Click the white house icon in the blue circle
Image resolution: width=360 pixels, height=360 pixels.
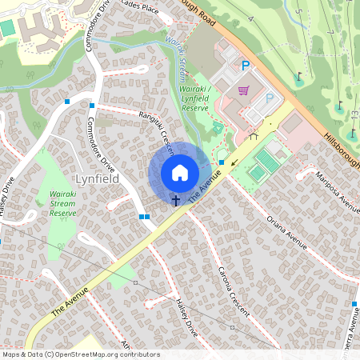(x=180, y=173)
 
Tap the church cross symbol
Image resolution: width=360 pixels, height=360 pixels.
(x=174, y=200)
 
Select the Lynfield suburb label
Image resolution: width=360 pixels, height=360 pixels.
(x=97, y=179)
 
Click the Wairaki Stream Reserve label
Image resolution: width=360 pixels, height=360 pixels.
(x=62, y=203)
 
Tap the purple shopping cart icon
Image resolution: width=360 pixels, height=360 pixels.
(x=243, y=90)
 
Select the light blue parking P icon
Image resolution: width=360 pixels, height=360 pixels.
(x=270, y=98)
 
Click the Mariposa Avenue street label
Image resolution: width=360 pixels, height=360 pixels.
(x=338, y=192)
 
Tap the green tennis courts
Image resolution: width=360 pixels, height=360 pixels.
(x=263, y=165)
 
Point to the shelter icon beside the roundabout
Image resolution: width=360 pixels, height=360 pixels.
(x=254, y=136)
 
